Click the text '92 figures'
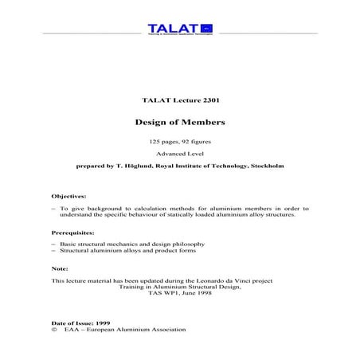tap(199, 141)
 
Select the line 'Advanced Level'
tap(179, 155)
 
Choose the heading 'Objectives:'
tap(68, 196)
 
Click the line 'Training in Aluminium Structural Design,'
tap(180, 288)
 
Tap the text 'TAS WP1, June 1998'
tap(180, 295)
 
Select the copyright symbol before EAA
tap(54, 329)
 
